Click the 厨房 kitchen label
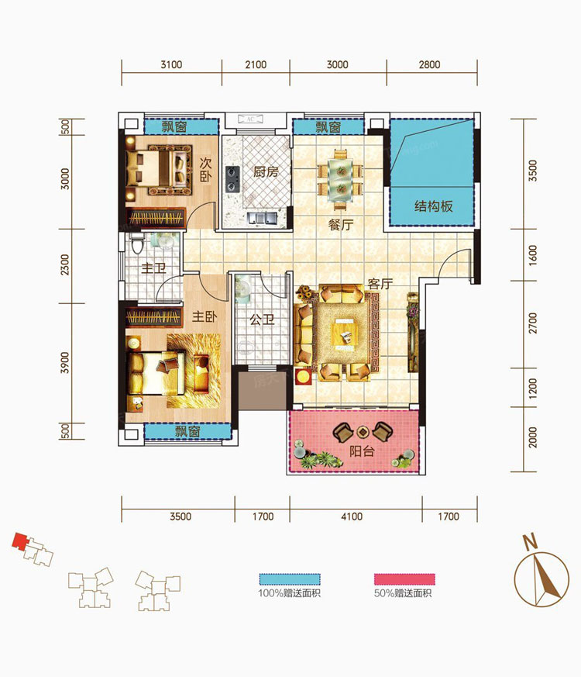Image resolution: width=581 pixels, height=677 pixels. (266, 172)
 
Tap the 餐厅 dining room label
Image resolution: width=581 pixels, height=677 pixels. (341, 225)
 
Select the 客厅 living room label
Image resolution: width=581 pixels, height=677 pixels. (380, 284)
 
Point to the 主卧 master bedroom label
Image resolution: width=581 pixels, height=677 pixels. (205, 316)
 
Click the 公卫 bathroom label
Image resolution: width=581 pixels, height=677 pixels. (263, 320)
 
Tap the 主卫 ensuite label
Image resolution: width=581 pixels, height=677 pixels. (154, 268)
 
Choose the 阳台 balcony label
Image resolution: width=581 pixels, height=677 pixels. (362, 451)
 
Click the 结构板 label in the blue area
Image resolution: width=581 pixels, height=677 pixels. (434, 206)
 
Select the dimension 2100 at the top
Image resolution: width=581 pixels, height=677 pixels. (256, 65)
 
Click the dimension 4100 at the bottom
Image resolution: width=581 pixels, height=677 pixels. (352, 516)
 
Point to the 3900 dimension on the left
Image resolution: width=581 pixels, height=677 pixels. (65, 363)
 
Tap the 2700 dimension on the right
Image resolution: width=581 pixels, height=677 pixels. (533, 323)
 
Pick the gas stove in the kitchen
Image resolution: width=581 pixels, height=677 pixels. (232, 178)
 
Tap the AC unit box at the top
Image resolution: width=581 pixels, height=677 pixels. (250, 119)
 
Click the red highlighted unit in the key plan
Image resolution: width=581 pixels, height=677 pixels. (19, 541)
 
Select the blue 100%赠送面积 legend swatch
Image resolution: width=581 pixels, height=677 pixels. (290, 579)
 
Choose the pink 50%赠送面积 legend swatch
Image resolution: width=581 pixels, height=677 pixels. (404, 579)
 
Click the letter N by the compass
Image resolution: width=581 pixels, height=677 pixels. (530, 541)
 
